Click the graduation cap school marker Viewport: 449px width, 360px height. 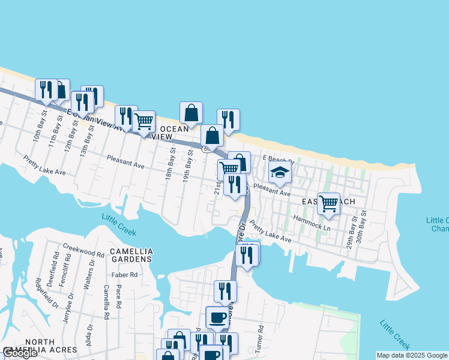(280, 173)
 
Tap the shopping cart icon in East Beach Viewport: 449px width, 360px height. (328, 204)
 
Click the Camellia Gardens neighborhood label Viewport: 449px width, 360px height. (131, 255)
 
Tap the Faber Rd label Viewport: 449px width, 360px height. (125, 275)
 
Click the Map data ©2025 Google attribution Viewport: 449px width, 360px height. (412, 355)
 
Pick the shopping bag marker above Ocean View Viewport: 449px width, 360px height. (191, 112)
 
